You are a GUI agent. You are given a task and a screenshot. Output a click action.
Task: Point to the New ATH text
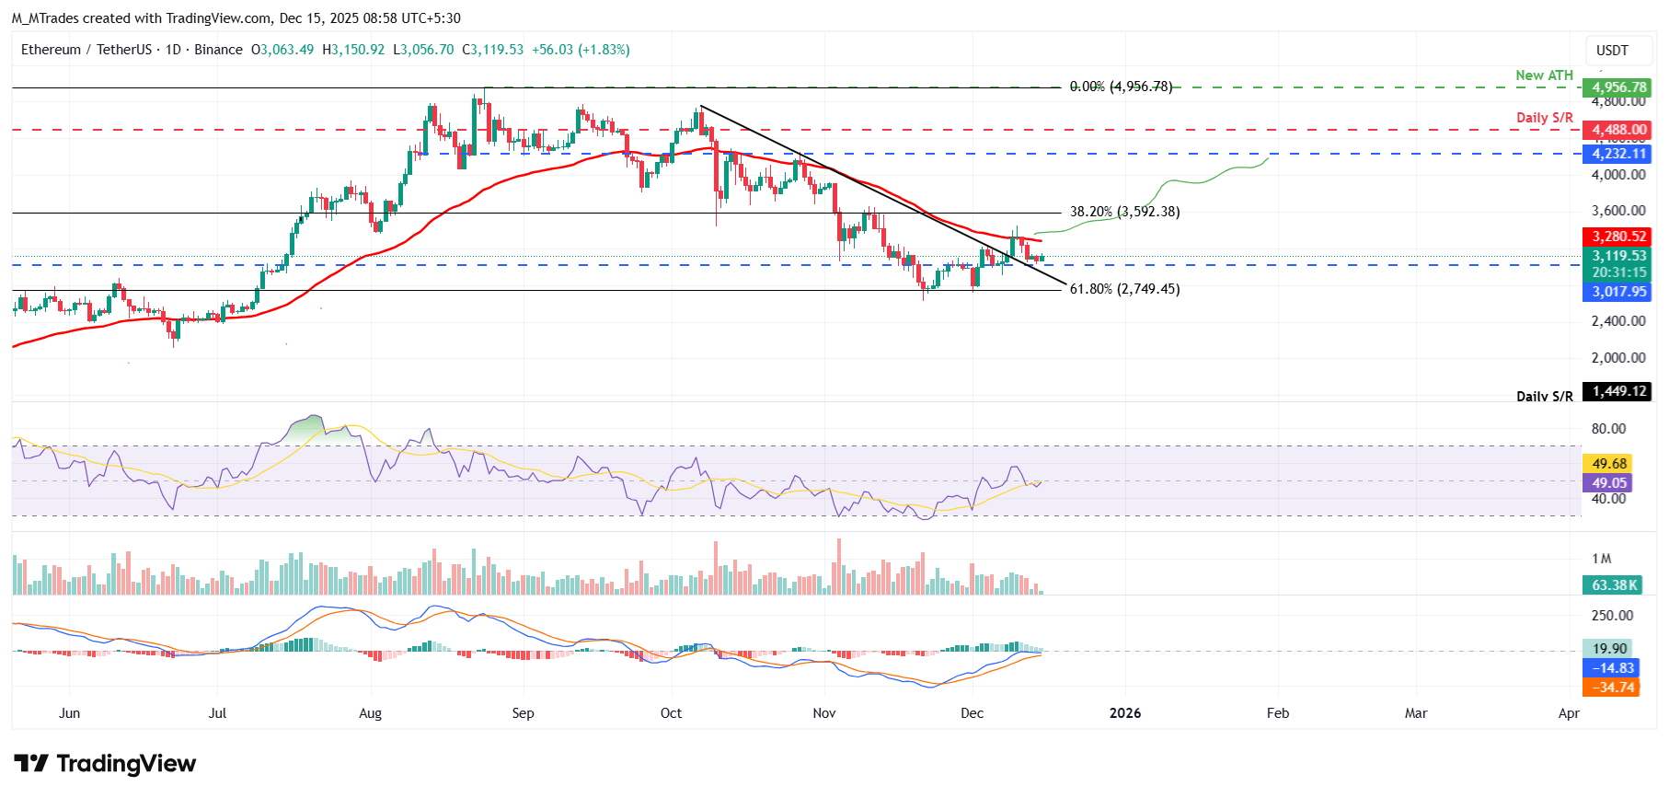tap(1544, 75)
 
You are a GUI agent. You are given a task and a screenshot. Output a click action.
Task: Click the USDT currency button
tap(1611, 51)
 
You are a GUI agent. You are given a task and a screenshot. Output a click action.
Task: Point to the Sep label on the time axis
tap(523, 713)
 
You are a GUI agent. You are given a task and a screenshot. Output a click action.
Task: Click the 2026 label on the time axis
tap(1124, 713)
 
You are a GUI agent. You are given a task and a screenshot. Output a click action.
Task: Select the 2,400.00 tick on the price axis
tap(1618, 321)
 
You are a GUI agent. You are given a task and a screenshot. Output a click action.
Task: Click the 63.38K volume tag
tap(1615, 585)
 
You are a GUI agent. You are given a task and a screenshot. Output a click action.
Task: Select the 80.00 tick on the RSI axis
tap(1608, 429)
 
